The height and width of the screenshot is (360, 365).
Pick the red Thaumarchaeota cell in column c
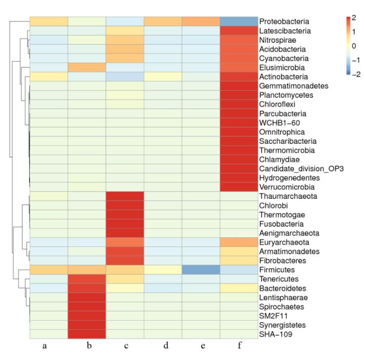coord(125,196)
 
